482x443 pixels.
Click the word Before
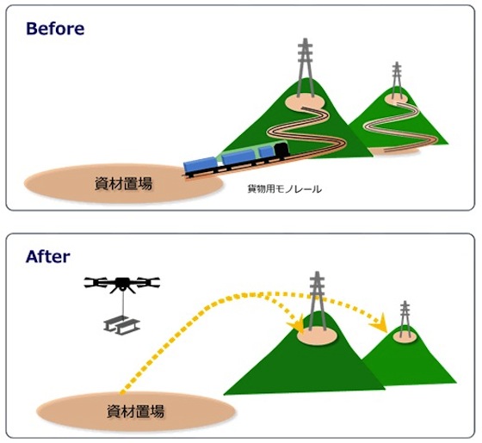point(55,28)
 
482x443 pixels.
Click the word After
point(47,256)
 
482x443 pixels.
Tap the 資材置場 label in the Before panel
point(123,184)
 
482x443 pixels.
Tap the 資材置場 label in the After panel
point(136,411)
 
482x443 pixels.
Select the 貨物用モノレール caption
point(285,188)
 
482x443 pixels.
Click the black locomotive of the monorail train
point(282,151)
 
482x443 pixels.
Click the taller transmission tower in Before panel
point(306,68)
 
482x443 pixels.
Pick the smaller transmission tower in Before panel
point(397,81)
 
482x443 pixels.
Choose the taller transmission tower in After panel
point(317,302)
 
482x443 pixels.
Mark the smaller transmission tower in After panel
point(405,319)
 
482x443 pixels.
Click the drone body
point(122,284)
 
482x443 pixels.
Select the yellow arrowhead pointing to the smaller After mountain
point(379,323)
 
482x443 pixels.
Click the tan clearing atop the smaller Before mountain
point(397,99)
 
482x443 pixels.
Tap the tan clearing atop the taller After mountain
point(317,335)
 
